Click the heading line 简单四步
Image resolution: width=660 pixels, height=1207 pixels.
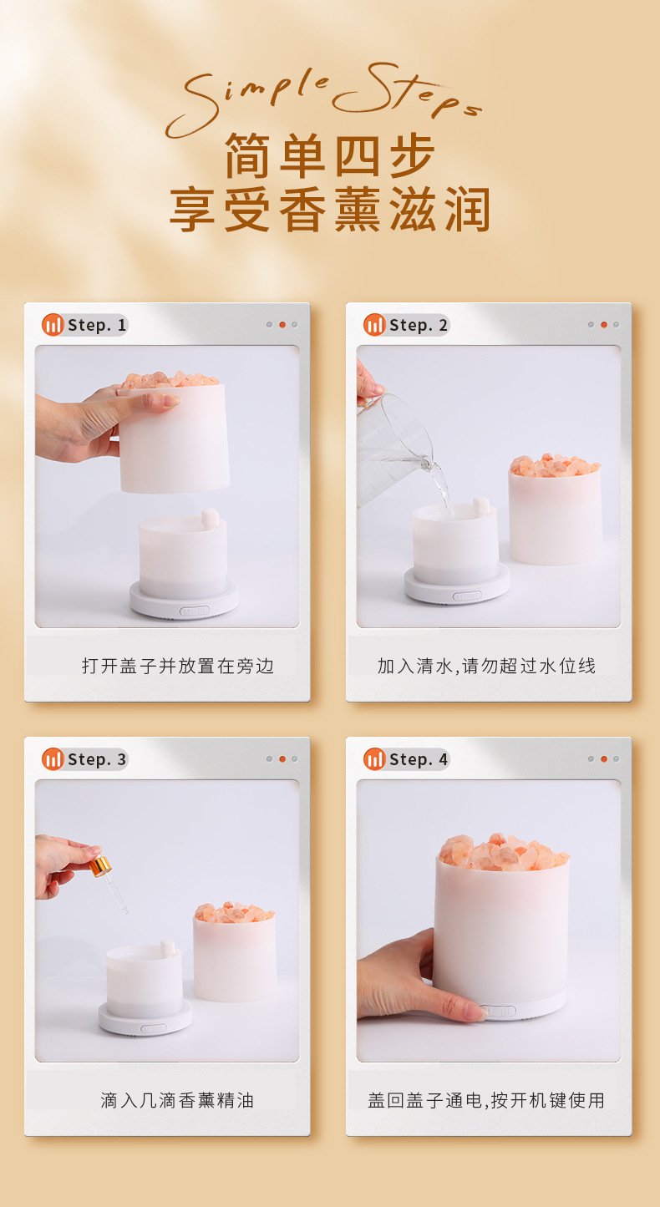[x=330, y=155]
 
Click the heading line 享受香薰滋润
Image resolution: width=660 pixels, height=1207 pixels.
[x=330, y=210]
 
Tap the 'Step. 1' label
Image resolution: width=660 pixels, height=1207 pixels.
[x=97, y=325]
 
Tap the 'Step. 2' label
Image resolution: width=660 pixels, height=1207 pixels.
[x=419, y=325]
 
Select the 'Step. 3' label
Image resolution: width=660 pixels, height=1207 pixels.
[x=97, y=759]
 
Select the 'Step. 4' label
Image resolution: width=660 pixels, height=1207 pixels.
[x=419, y=759]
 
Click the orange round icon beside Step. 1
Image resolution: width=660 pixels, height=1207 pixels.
[x=53, y=325]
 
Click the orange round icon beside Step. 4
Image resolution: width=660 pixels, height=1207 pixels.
[x=374, y=759]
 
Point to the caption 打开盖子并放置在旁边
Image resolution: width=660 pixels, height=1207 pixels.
[x=178, y=666]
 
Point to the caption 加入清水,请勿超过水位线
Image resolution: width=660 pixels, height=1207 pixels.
[x=486, y=666]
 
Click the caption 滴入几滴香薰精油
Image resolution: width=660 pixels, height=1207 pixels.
[x=177, y=1100]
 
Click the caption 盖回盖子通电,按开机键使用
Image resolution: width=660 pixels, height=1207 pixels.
[x=486, y=1100]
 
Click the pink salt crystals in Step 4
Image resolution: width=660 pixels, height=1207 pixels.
[x=501, y=852]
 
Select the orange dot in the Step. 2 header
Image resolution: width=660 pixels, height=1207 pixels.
[x=603, y=325]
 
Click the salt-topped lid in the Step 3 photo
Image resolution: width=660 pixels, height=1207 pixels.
[x=234, y=952]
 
